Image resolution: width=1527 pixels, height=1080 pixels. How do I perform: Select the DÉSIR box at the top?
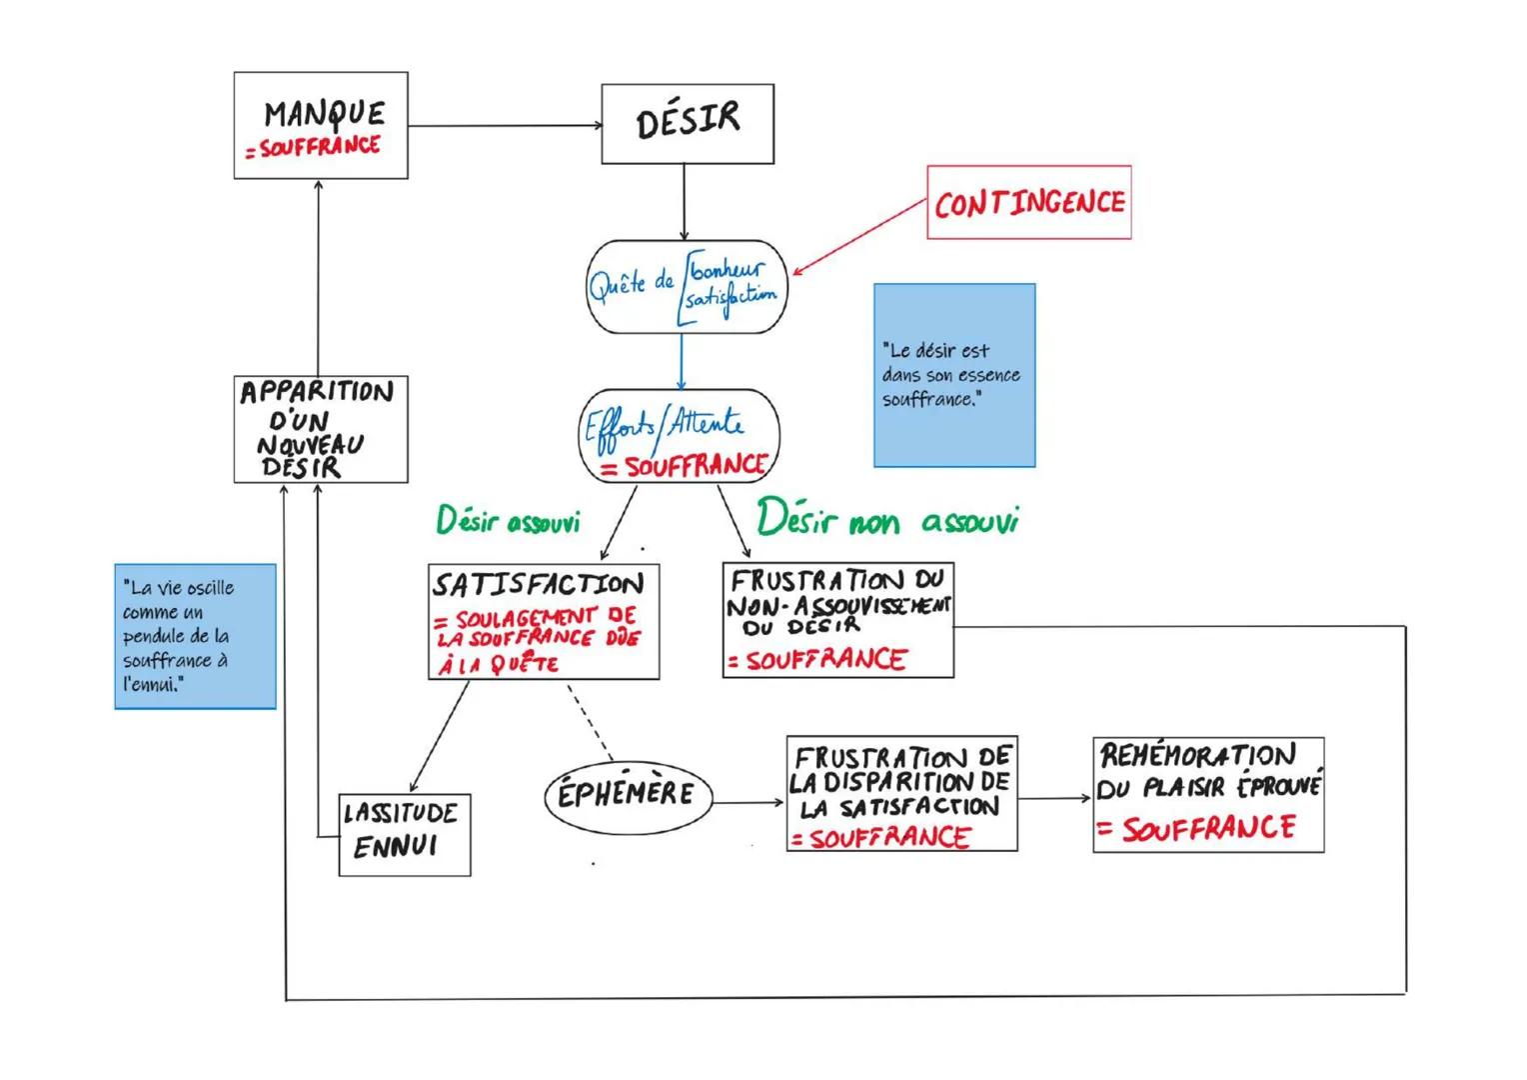click(688, 123)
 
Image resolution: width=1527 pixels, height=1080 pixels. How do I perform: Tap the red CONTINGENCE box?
click(1028, 203)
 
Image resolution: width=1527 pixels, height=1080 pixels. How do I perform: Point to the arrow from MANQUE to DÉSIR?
click(505, 126)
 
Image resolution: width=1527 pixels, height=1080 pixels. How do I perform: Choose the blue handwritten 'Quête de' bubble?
click(686, 286)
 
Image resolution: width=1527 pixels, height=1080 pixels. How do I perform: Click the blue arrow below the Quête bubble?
click(682, 361)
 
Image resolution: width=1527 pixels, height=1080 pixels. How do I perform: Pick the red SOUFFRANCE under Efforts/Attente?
click(694, 466)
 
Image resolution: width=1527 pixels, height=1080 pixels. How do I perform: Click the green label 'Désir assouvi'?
click(508, 521)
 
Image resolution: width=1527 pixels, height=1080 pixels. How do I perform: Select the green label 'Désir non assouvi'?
click(886, 520)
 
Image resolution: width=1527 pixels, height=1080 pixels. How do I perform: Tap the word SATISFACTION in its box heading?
click(538, 584)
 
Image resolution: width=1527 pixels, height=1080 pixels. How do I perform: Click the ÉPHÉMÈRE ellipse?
click(627, 796)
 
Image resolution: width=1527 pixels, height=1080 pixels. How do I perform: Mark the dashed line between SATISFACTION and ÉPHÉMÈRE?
click(590, 722)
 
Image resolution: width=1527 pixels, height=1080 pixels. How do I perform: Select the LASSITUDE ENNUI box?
click(404, 835)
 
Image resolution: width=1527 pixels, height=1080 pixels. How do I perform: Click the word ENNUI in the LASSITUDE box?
click(396, 848)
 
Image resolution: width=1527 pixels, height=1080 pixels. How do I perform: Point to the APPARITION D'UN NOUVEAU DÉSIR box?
click(321, 429)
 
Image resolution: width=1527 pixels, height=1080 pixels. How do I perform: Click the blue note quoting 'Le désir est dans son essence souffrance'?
click(954, 375)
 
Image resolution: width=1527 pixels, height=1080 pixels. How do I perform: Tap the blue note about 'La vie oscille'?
click(195, 636)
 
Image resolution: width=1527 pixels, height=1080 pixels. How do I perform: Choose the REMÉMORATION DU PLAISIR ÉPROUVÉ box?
click(1208, 795)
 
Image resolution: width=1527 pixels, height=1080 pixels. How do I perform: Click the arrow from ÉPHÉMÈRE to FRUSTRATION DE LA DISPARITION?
click(748, 802)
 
